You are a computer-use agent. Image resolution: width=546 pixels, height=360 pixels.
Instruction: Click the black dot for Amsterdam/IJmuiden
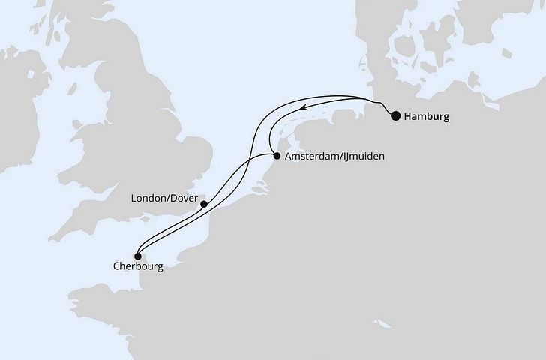(277, 157)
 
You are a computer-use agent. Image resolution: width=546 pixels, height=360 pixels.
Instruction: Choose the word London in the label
(148, 199)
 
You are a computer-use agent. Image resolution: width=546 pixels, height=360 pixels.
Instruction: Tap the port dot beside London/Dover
(204, 202)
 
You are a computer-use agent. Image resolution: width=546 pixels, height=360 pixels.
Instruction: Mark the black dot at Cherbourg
(137, 256)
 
